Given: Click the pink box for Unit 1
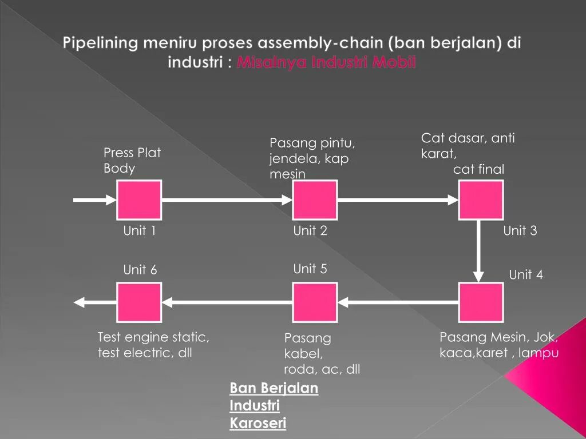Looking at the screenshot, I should coord(139,199).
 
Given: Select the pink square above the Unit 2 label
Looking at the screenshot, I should coord(315,199).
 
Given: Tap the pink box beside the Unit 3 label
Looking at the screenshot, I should coord(481,199).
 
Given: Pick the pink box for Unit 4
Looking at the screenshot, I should coord(481,302).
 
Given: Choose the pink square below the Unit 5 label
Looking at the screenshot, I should coord(315,302).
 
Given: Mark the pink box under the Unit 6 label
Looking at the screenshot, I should coord(139,302).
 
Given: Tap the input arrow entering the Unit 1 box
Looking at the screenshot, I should coord(95,199).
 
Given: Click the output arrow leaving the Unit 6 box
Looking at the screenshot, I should coord(95,302).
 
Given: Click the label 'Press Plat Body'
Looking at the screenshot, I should coord(132,161).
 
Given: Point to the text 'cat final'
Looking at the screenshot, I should coord(478,169).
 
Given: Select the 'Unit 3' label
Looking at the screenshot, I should coord(520,231).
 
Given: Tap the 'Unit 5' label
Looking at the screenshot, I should coord(310,269).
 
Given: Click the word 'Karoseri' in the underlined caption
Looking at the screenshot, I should coord(258,423).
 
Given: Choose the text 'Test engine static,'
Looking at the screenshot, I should coord(153,337).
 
